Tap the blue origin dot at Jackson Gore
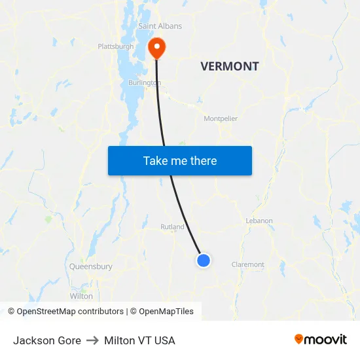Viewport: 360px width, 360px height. pos(204,261)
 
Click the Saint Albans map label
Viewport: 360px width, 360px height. pos(160,26)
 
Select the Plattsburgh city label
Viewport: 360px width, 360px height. pos(115,46)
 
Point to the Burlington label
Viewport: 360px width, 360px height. pos(144,83)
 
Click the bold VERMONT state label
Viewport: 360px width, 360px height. pos(229,66)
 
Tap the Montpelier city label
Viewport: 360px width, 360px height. pos(221,118)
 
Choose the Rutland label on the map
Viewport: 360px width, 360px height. pos(172,227)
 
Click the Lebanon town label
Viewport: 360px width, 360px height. pos(259,221)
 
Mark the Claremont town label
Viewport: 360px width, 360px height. pos(248,264)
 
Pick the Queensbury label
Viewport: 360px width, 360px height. pos(91,266)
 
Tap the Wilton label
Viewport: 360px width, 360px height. pos(81,296)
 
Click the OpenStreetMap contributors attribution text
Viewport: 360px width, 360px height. pos(70,312)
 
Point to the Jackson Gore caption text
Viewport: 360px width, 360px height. pos(47,340)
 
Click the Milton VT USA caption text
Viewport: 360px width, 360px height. pos(139,340)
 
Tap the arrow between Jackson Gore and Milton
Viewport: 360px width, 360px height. pos(92,340)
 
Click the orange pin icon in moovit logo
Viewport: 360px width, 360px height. pos(299,340)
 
